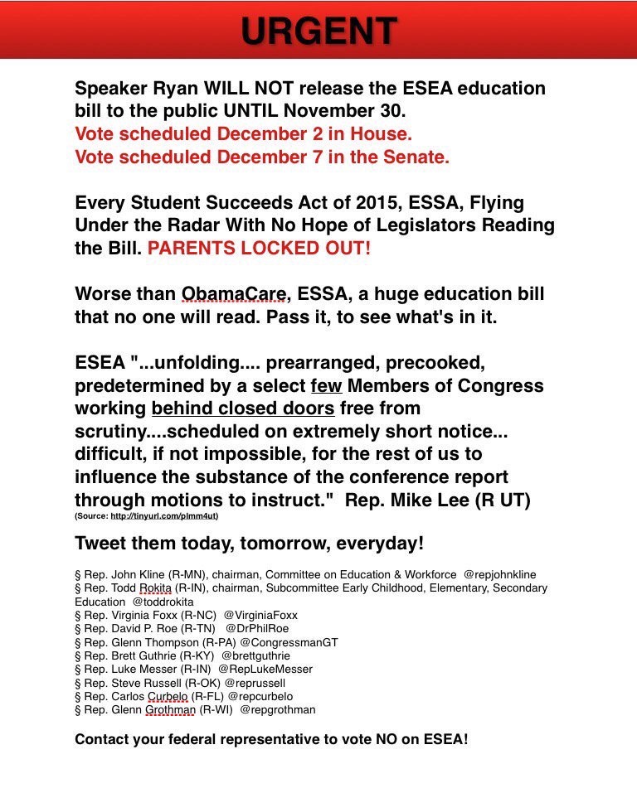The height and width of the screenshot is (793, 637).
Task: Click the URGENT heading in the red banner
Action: coord(318,31)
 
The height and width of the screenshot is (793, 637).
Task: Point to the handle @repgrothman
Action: coord(278,710)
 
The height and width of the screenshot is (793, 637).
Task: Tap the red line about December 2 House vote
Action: coord(243,133)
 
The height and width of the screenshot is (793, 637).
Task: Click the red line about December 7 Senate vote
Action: coord(262,157)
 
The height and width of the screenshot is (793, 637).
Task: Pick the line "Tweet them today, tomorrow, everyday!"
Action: coord(249,544)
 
